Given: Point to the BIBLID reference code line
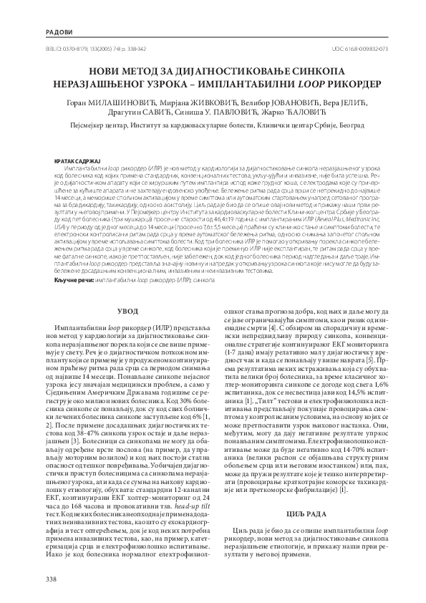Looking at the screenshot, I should point(87,49).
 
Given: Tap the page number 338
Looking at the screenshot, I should point(50,578).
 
